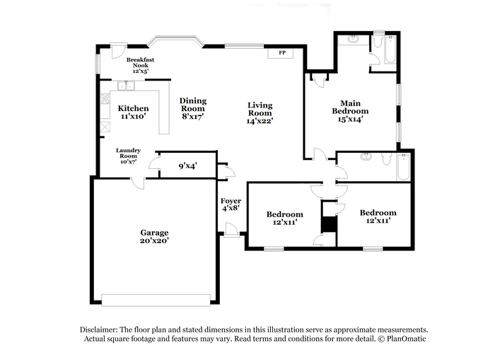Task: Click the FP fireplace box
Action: click(280, 53)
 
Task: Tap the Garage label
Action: click(154, 233)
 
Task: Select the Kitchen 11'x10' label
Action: click(133, 112)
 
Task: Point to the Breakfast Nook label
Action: click(141, 62)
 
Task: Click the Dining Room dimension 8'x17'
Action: click(193, 116)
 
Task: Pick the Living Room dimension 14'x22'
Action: click(260, 121)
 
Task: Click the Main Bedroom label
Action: click(350, 107)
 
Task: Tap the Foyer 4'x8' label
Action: click(231, 204)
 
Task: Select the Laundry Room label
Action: click(128, 153)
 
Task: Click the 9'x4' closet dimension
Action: click(188, 166)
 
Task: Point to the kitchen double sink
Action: click(126, 86)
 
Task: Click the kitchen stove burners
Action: click(105, 98)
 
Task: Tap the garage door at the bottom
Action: click(156, 301)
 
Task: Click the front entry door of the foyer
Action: click(231, 230)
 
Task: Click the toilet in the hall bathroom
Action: click(387, 159)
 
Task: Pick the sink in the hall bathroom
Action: click(366, 156)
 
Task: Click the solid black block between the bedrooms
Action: click(329, 224)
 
